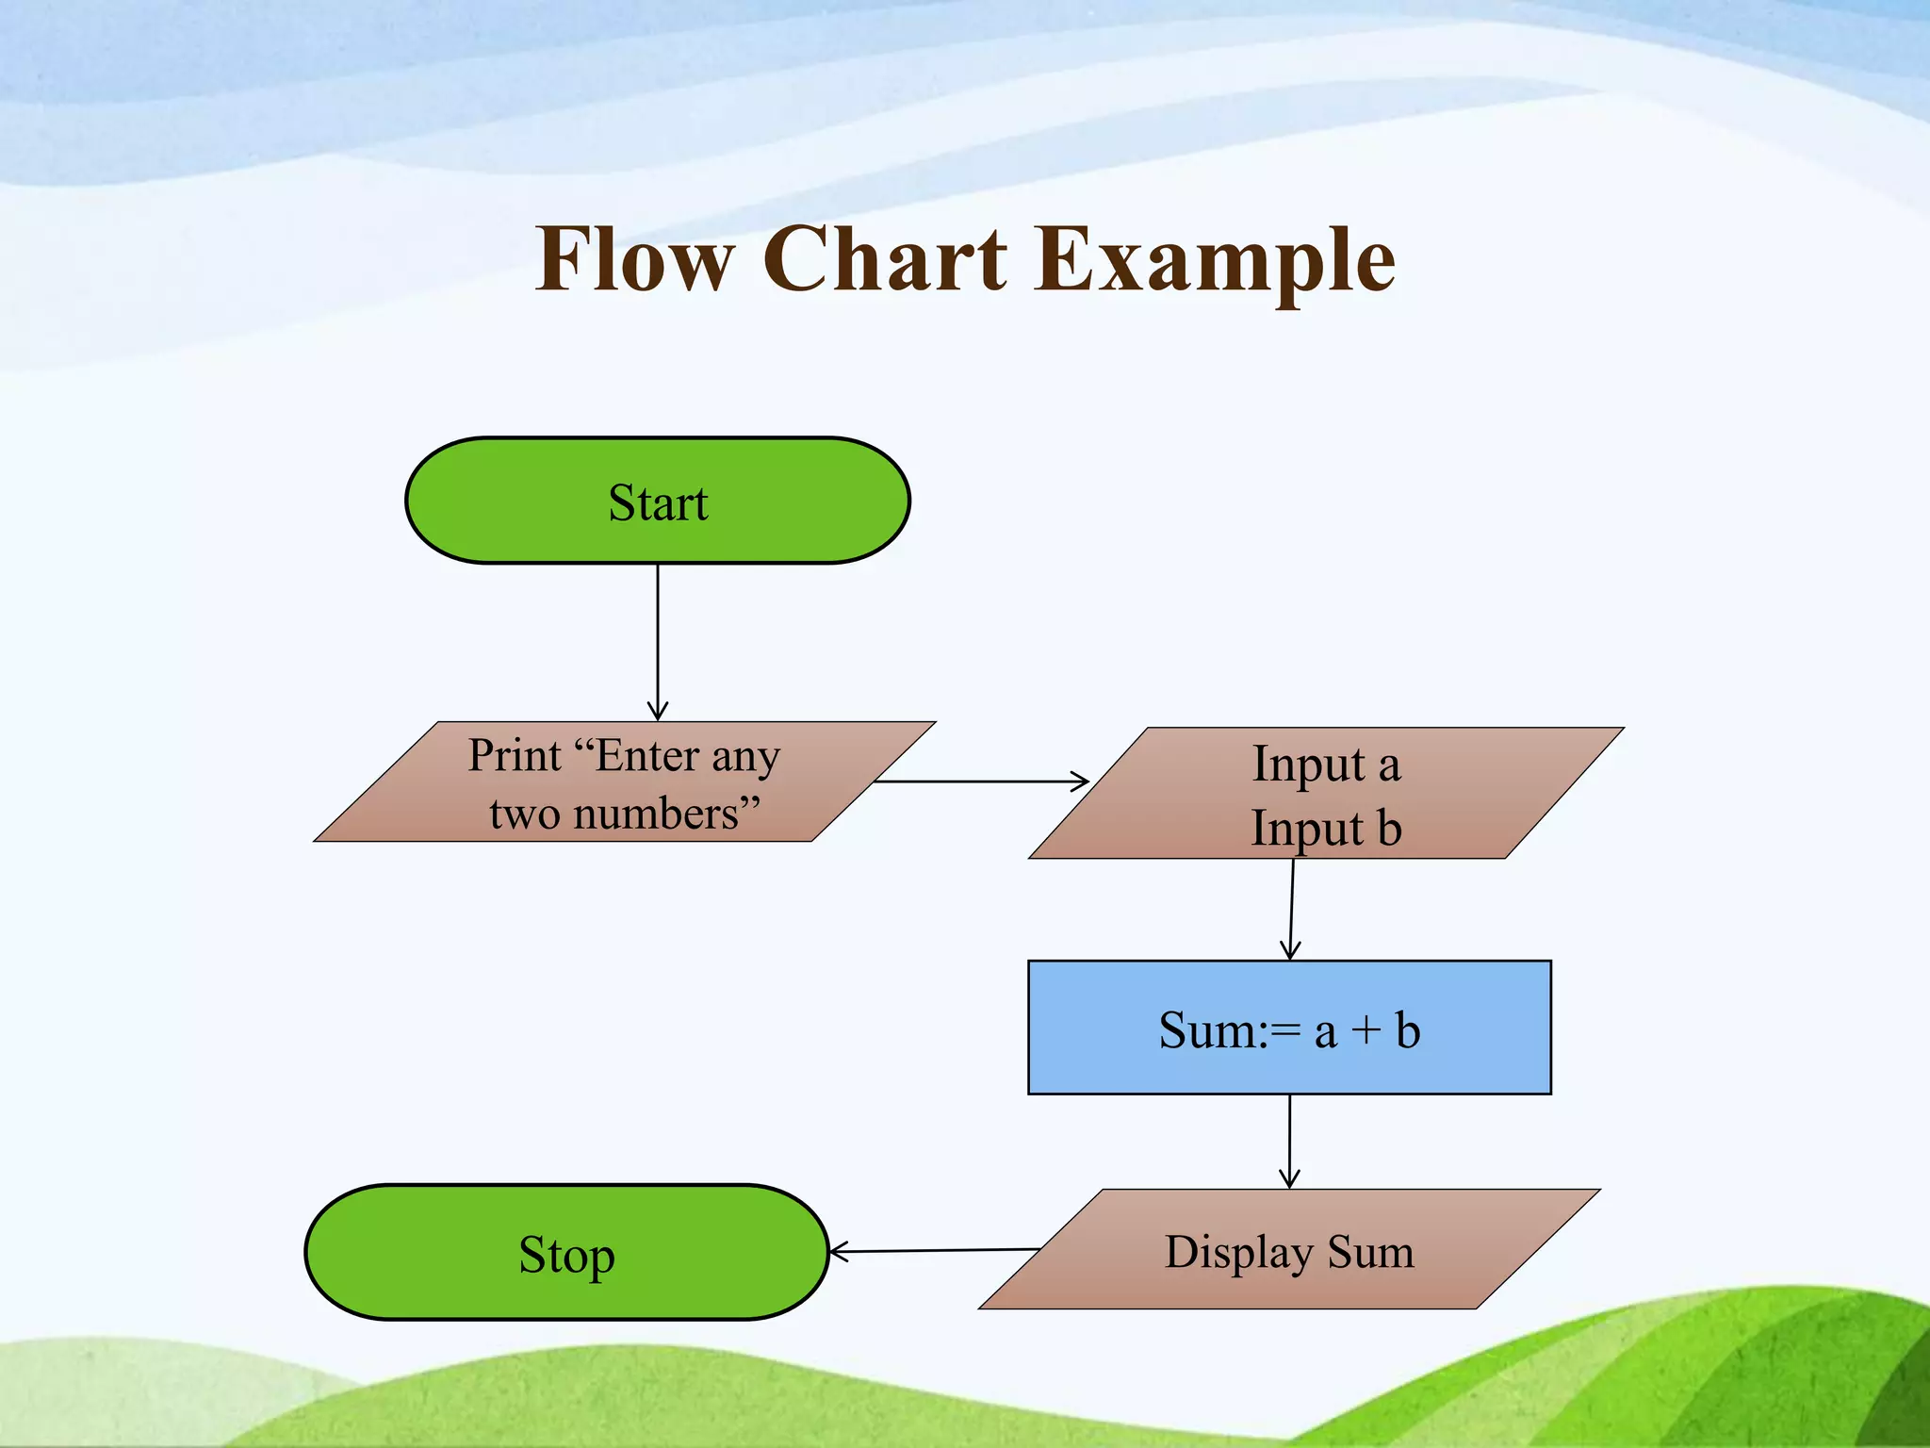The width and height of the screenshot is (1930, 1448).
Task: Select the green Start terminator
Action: click(x=658, y=502)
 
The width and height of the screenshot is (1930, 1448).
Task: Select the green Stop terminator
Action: click(x=566, y=1253)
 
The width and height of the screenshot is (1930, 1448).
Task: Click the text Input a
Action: click(x=1326, y=765)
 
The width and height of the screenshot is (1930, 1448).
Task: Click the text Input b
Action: click(x=1326, y=829)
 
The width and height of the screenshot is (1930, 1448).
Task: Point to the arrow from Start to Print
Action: click(x=658, y=641)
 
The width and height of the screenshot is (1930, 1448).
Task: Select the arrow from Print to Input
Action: click(x=980, y=782)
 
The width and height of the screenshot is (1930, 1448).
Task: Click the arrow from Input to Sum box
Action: click(x=1292, y=910)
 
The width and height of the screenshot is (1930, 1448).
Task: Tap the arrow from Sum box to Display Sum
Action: click(x=1289, y=1141)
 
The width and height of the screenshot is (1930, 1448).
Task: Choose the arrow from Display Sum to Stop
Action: click(x=933, y=1251)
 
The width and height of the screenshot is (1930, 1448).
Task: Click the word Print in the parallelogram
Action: click(x=515, y=756)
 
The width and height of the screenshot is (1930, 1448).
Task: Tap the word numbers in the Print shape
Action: click(x=657, y=814)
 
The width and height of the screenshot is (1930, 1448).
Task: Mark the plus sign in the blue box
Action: click(x=1366, y=1030)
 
